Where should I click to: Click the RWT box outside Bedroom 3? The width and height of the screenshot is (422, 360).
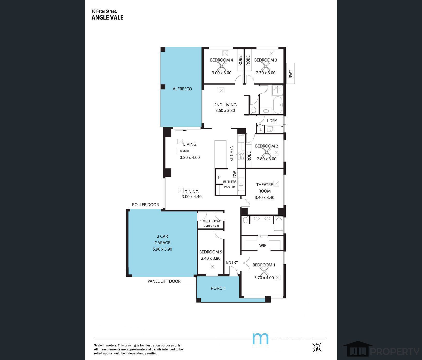291,73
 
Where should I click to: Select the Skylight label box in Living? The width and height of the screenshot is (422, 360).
185,151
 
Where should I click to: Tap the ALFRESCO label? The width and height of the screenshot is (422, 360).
182,89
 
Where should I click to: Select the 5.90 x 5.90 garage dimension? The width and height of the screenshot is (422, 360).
162,249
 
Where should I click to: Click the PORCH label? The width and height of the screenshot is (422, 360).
218,288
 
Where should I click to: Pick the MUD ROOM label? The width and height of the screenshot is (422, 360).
211,221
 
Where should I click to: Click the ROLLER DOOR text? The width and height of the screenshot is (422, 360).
145,205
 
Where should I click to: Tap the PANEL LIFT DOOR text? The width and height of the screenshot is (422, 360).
164,281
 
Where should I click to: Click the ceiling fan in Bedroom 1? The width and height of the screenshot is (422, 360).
264,271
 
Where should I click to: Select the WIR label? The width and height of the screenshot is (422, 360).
263,245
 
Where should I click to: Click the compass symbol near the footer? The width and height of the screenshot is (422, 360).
317,347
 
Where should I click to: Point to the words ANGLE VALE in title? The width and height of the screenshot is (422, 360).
107,18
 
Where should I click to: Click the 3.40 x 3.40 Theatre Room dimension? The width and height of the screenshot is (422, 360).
265,197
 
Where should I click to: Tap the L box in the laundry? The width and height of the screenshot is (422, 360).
261,129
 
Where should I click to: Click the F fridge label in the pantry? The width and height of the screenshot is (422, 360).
219,177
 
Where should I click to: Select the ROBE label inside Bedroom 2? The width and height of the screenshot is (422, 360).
249,156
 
